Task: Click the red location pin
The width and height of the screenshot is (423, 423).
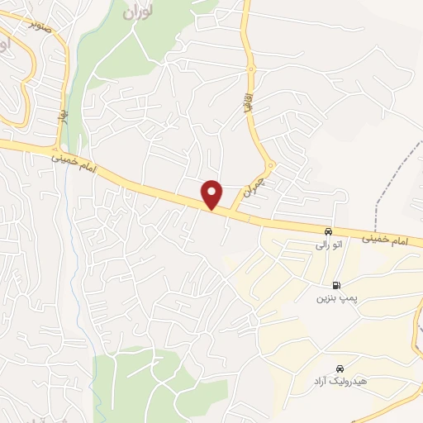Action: point(213,193)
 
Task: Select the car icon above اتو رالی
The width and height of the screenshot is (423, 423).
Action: point(329,231)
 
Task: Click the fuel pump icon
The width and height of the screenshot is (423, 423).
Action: point(335,285)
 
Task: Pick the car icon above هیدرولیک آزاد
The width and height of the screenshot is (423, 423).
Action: point(340,368)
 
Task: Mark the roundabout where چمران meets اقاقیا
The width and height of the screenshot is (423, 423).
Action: point(270,164)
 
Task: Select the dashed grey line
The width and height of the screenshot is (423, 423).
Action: point(388,178)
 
